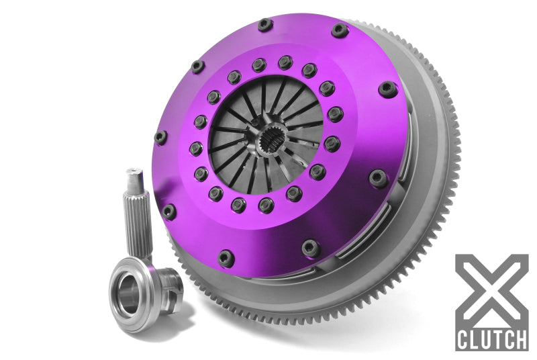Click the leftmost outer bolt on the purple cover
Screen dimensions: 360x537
(160, 137)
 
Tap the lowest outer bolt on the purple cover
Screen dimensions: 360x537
(226, 257)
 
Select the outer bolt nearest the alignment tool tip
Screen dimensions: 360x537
(169, 211)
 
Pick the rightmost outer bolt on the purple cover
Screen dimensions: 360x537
(387, 89)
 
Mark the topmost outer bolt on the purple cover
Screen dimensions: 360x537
(265, 25)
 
